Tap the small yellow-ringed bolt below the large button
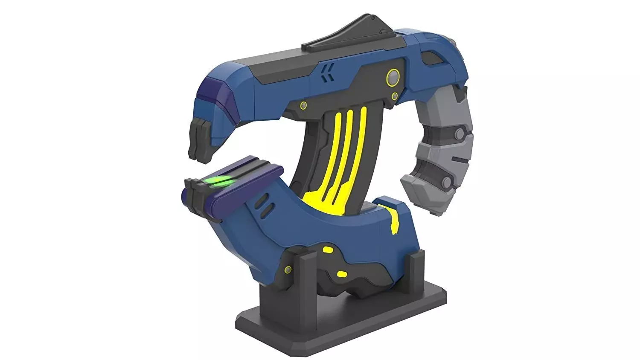(x=395, y=96)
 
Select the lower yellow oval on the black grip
(x=342, y=273)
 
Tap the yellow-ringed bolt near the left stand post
(x=288, y=269)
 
